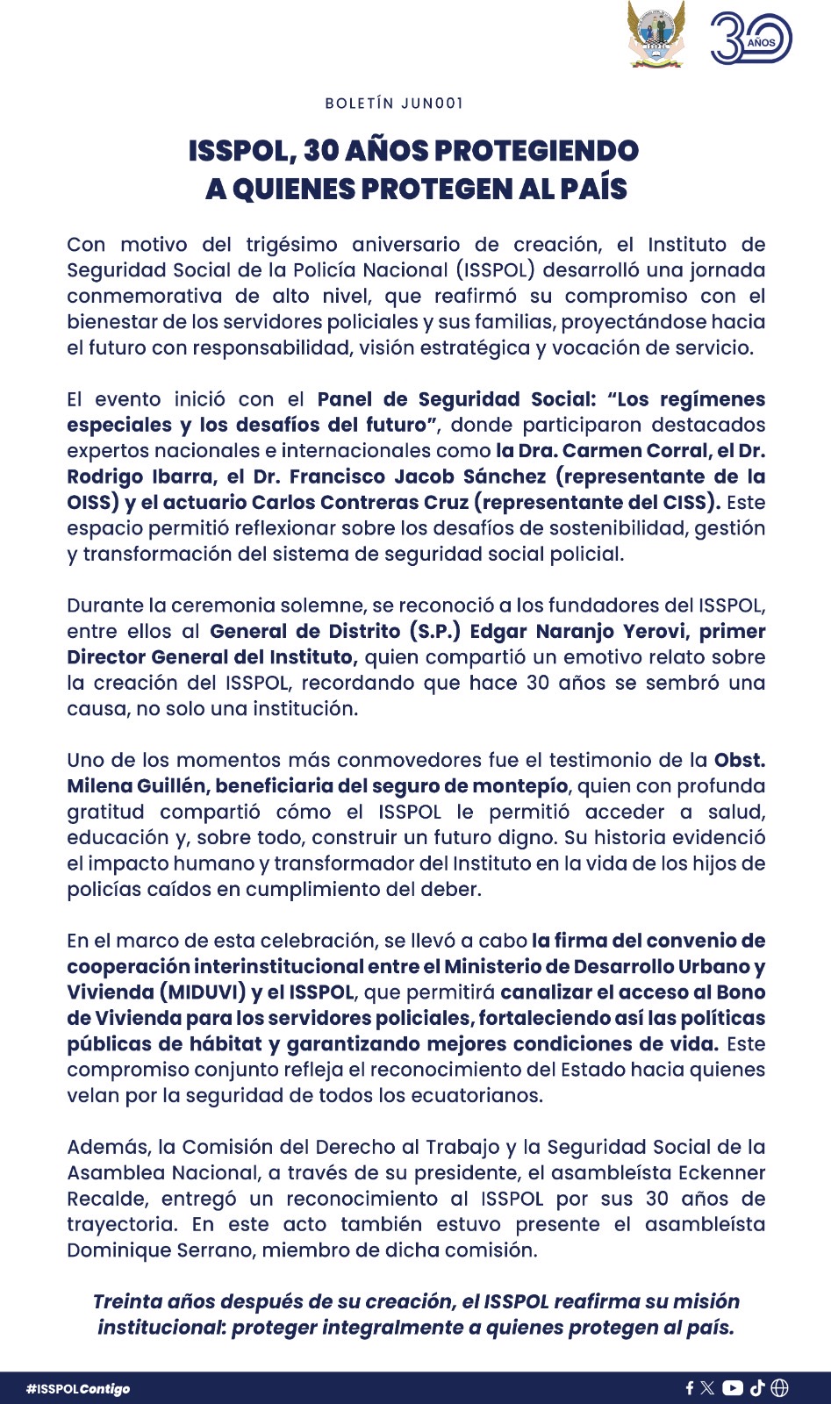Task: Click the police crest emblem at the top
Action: point(656,35)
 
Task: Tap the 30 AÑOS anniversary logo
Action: point(750,39)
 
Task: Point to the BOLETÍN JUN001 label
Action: point(394,104)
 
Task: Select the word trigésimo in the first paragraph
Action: point(293,245)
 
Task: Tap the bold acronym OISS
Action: point(88,503)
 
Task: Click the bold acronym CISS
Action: point(686,503)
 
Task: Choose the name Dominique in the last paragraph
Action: point(113,1250)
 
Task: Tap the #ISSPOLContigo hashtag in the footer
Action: point(78,1389)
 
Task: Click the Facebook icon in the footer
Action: point(690,1388)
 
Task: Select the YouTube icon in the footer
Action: point(733,1388)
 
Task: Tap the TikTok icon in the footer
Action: point(757,1388)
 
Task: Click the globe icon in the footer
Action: point(779,1388)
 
